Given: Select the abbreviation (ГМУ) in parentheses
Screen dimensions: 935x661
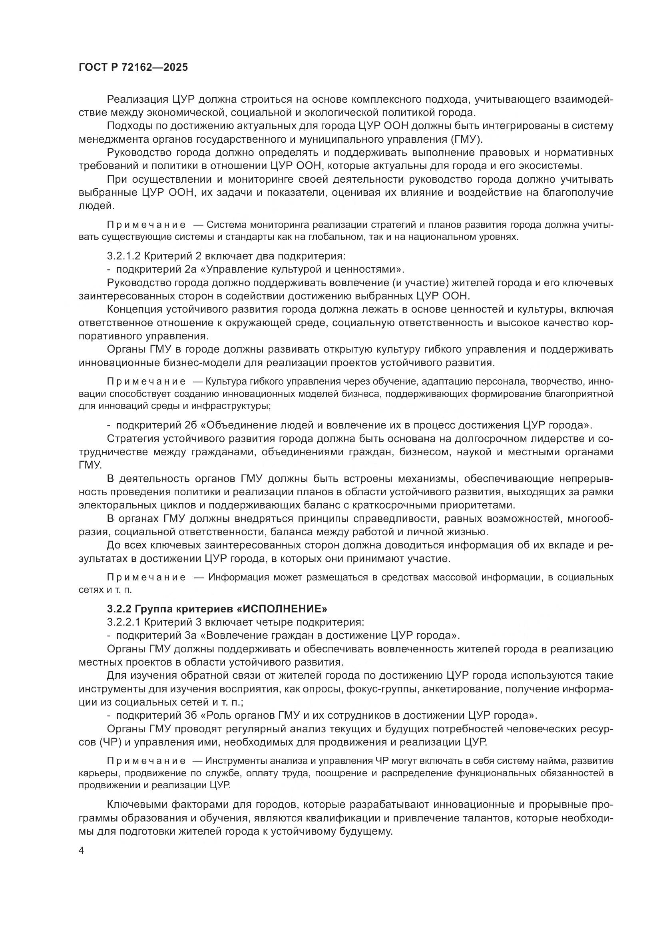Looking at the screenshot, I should coord(466,139).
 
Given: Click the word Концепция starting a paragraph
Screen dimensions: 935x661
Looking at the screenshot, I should coord(135,309).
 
